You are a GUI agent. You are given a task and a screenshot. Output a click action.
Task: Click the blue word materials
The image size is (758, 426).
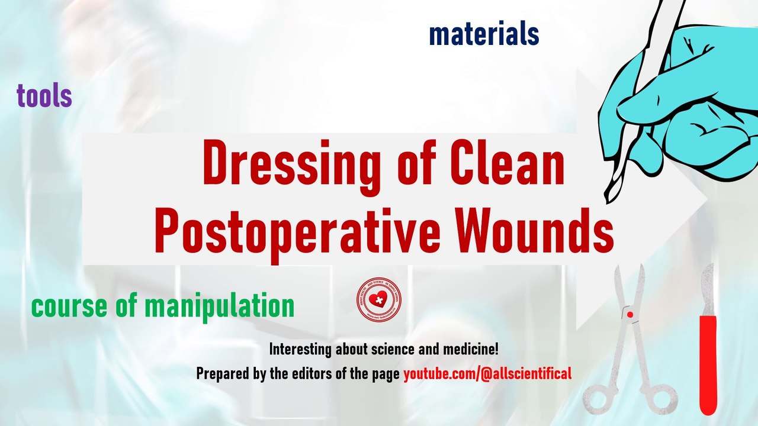[484, 35]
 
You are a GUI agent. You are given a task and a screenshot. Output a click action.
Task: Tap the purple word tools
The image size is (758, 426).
[44, 96]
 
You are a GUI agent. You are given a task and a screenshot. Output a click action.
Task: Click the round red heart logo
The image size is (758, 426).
[379, 299]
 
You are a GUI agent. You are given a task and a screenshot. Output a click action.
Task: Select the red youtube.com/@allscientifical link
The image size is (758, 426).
[487, 374]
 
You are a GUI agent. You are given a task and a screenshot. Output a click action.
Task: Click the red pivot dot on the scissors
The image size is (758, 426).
[630, 315]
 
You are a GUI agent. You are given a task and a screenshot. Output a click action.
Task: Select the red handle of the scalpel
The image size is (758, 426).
[708, 364]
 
